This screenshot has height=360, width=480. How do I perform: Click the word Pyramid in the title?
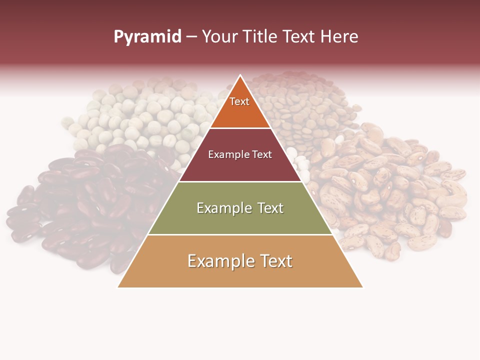pyautogui.click(x=147, y=37)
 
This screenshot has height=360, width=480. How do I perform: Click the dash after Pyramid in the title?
pyautogui.click(x=191, y=37)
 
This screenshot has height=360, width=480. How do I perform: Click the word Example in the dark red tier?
pyautogui.click(x=225, y=155)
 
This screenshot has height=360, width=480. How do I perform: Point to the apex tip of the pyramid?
pyautogui.click(x=240, y=75)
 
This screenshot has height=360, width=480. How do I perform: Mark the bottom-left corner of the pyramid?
pyautogui.click(x=118, y=287)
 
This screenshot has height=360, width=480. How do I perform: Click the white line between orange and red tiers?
pyautogui.click(x=240, y=128)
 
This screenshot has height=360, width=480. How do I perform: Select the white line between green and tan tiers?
pyautogui.click(x=240, y=234)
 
